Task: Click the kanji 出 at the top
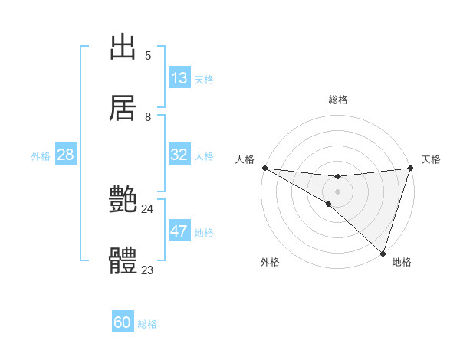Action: (x=123, y=47)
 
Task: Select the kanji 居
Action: (x=123, y=108)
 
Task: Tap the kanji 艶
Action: (x=123, y=201)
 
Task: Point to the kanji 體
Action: (x=123, y=261)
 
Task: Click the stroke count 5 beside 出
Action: (x=148, y=55)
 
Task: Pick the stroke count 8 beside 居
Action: (x=148, y=116)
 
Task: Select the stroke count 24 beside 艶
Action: (x=148, y=208)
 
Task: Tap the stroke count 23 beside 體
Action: (x=148, y=270)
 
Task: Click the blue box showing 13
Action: (x=179, y=78)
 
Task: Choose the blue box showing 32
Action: (x=179, y=155)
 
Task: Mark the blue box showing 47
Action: (x=179, y=231)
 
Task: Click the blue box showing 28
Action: (x=66, y=155)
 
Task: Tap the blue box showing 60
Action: (x=123, y=323)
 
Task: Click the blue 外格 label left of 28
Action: (x=41, y=156)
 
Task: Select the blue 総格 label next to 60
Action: (x=147, y=324)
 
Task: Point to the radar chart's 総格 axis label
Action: (x=337, y=100)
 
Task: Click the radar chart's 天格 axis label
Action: (x=431, y=159)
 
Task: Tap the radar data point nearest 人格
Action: (x=264, y=168)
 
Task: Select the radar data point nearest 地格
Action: (x=383, y=254)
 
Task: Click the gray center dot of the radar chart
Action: (x=337, y=191)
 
